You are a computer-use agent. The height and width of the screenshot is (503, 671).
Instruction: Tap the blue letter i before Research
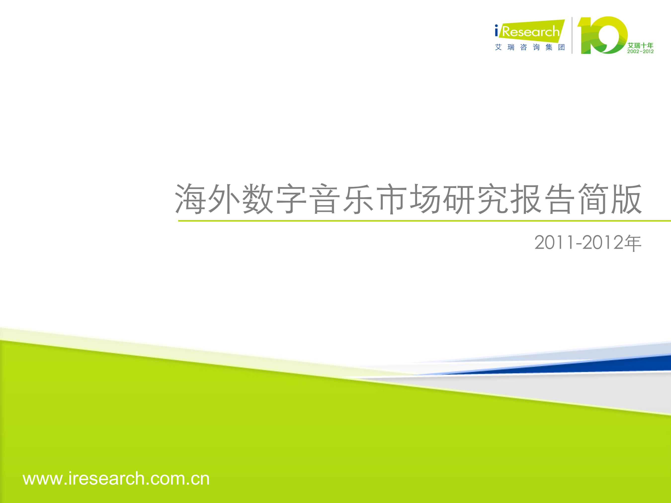(497, 31)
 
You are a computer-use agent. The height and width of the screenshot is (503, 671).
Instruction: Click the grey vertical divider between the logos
(572, 35)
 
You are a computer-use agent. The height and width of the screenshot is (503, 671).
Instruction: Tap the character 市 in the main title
(392, 199)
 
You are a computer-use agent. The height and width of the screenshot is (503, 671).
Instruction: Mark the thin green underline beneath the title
(424, 221)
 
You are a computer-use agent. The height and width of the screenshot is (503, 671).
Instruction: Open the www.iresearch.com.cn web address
(116, 479)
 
